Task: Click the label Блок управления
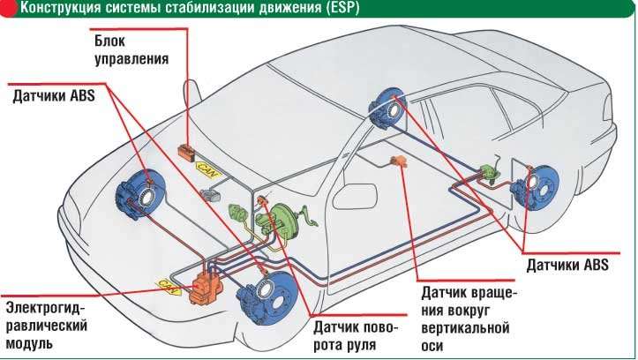tap(131, 50)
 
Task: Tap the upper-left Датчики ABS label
tap(54, 96)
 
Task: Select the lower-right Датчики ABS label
tap(567, 265)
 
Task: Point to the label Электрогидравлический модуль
tap(47, 326)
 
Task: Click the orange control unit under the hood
tap(188, 153)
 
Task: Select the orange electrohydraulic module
tap(206, 287)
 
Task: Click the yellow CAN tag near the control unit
tap(208, 170)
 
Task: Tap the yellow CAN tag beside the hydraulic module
tap(169, 287)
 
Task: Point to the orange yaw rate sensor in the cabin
tap(399, 161)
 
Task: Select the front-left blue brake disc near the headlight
tap(141, 195)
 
